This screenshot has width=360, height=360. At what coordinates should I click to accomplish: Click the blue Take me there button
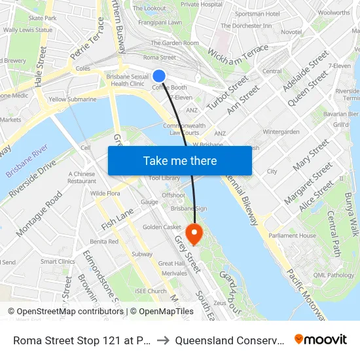pos(180,160)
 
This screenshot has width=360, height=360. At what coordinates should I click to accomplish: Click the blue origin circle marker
pos(159,76)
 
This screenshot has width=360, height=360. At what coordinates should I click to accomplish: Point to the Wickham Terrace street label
pos(238,52)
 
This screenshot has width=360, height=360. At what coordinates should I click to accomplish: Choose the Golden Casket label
pos(162,227)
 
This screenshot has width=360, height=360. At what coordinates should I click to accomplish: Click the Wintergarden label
pos(281,132)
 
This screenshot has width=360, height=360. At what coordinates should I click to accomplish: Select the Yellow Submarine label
pos(72,99)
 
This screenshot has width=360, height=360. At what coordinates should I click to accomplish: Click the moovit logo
pos(321,340)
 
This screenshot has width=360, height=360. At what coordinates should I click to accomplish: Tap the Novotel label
pos(291,32)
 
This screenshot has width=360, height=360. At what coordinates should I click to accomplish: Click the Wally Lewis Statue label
pos(27,30)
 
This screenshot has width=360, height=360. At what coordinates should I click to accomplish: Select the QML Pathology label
pos(334,275)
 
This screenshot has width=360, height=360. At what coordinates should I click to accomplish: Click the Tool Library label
pos(164,178)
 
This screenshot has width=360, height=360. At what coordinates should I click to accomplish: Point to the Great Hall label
pos(171,263)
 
